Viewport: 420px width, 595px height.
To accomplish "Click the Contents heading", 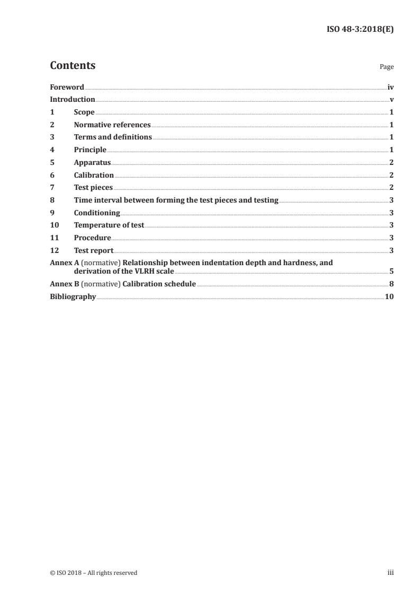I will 73,66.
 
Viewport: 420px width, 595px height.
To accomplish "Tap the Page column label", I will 387,67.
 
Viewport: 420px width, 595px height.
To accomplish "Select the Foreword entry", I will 67,87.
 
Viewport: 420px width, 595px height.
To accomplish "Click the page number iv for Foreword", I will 390,87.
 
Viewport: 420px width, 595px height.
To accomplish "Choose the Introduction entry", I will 73,100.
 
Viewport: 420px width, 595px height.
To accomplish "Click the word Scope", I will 84,112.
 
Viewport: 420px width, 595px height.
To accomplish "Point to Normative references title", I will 112,125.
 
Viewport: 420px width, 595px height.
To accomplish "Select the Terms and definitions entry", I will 113,137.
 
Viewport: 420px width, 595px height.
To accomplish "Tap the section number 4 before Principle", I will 52,150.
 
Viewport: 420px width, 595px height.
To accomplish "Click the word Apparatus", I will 92,163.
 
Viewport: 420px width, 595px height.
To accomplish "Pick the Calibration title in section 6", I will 94,175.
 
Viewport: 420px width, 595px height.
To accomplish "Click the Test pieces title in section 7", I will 93,188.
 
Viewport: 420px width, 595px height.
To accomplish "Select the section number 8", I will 52,200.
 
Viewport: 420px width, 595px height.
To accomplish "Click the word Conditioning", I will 97,213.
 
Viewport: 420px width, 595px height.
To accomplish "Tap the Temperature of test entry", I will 109,225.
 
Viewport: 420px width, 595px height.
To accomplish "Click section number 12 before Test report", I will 53,251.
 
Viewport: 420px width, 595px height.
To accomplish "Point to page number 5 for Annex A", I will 391,271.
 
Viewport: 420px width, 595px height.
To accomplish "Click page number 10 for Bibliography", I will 389,297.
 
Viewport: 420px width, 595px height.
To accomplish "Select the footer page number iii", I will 390,573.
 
